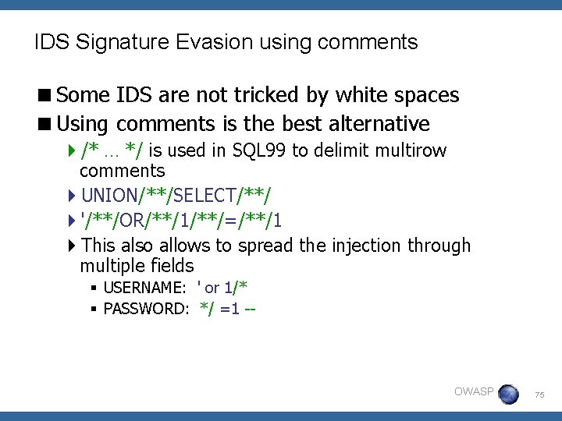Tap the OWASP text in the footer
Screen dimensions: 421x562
pos(473,391)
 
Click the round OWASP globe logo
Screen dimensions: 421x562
pos(508,394)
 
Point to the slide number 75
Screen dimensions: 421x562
pos(539,396)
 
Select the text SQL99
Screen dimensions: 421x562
pos(260,150)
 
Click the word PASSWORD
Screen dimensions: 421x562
pos(146,309)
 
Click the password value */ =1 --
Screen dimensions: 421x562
pos(228,309)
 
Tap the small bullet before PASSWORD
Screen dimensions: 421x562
pos(93,309)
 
